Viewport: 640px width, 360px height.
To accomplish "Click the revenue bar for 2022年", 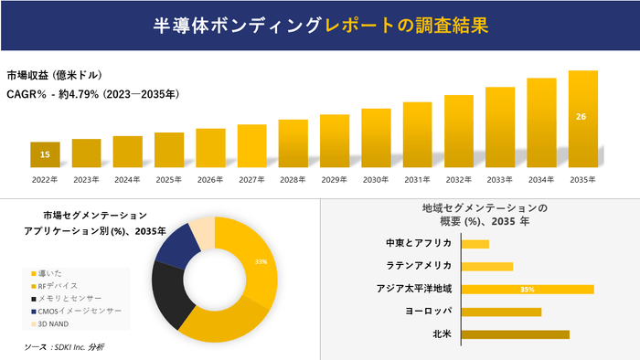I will (44, 154).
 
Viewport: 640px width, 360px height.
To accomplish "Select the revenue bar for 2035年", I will (582, 119).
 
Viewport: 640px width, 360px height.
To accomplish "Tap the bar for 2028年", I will (293, 143).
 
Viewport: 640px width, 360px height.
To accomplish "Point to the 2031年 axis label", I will (417, 180).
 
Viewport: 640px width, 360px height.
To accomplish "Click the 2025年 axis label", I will (169, 180).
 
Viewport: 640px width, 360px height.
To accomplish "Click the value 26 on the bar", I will (581, 117).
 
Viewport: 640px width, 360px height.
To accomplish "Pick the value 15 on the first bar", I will (45, 155).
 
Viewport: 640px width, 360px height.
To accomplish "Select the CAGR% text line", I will (91, 94).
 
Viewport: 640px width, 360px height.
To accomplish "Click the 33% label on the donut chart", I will (261, 262).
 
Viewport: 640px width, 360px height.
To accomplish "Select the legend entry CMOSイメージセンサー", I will (79, 311).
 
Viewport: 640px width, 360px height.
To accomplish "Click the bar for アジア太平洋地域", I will (528, 289).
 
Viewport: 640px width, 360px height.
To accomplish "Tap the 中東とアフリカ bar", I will (475, 244).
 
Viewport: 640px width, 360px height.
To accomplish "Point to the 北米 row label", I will (443, 334).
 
